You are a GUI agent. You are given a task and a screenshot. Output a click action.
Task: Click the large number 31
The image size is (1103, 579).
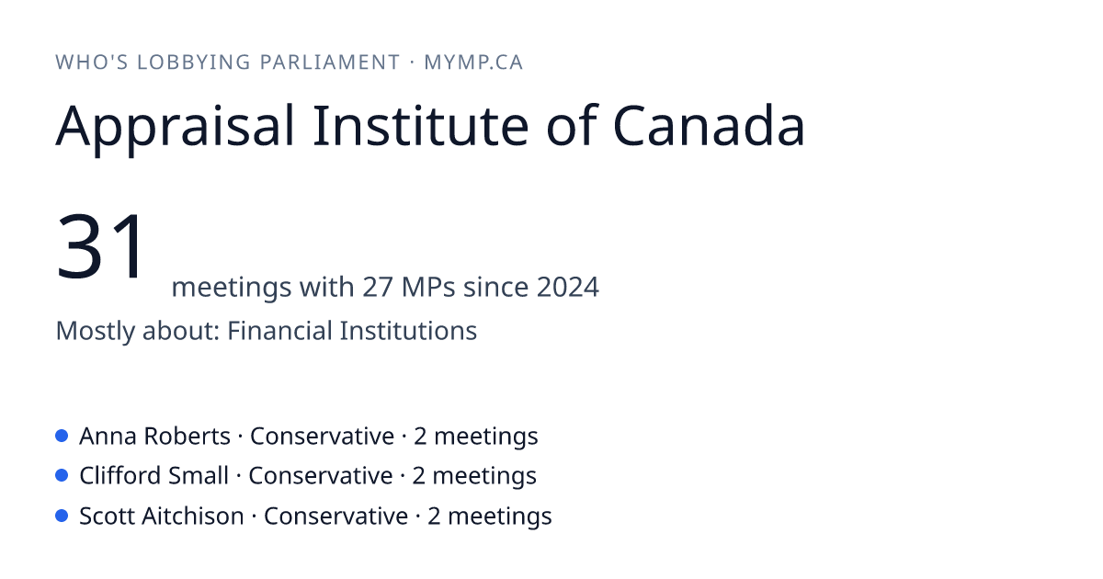(x=100, y=245)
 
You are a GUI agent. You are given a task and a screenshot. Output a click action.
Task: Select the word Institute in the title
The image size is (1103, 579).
(x=421, y=125)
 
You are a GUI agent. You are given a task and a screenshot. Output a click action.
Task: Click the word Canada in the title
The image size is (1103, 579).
(x=709, y=125)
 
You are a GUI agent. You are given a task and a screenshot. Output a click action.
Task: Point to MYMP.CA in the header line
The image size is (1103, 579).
(x=473, y=62)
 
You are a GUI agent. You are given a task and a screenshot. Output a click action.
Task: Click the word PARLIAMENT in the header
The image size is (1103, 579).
(x=330, y=62)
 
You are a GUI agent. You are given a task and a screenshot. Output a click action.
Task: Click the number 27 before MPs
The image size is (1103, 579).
(x=378, y=287)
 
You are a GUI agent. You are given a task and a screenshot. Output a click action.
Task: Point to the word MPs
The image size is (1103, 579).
(x=428, y=287)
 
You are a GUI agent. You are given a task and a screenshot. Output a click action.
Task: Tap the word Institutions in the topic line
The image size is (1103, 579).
(x=408, y=330)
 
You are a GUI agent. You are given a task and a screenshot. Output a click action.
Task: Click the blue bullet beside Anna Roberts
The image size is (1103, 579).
(x=62, y=436)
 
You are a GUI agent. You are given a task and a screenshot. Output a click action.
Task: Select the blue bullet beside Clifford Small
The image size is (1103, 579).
(x=62, y=476)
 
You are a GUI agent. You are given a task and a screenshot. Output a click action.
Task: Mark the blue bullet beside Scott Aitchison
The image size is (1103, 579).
(x=62, y=516)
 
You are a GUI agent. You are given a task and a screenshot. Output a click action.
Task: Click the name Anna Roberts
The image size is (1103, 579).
(x=154, y=436)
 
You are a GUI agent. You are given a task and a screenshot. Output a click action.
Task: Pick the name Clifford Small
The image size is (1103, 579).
(x=154, y=476)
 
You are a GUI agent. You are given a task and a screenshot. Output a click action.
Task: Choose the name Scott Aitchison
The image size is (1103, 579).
(x=162, y=516)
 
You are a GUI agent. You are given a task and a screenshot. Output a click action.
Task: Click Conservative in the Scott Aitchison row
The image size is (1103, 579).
(x=335, y=516)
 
